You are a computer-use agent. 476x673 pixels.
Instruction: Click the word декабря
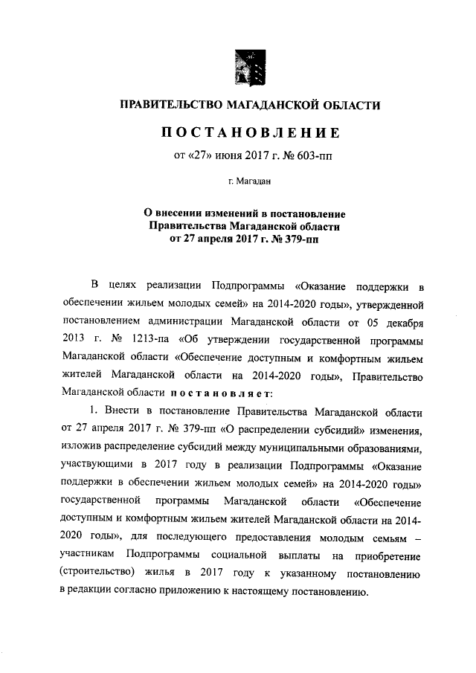pos(399,323)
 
